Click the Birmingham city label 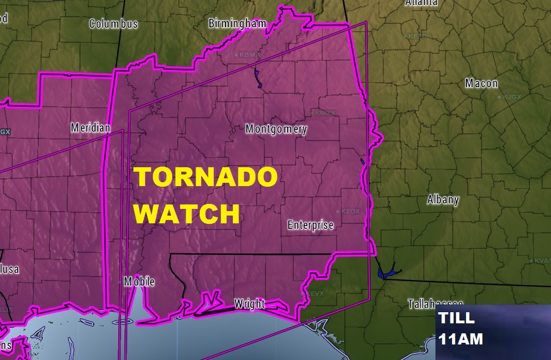pos(237,23)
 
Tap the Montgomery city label pos(276,129)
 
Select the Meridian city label pos(91,128)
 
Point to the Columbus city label pos(113,24)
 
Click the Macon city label pos(481,83)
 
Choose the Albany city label pos(443,200)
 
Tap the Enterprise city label pos(310,225)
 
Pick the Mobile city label pos(139,282)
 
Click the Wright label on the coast pos(249,304)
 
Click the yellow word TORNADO pos(207,178)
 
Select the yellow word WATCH pos(188,213)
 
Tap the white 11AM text pos(460,339)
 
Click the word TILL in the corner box pos(457,318)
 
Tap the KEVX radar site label pos(314,293)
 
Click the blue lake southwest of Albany pos(384,272)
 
